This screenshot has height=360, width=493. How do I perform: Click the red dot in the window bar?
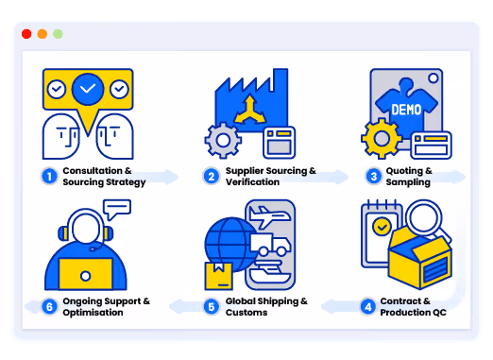(x=26, y=34)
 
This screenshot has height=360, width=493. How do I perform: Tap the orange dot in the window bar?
(x=42, y=34)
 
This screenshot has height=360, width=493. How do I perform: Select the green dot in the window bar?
(x=58, y=34)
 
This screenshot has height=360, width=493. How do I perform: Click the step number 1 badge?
(x=49, y=177)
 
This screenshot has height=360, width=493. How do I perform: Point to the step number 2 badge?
(x=212, y=177)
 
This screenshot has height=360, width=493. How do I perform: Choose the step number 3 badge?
(x=374, y=177)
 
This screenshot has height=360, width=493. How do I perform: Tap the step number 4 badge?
(x=368, y=307)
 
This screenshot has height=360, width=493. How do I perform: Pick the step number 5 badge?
(x=212, y=307)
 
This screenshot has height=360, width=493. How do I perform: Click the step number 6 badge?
(x=49, y=307)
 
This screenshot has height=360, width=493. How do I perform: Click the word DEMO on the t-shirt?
(x=406, y=110)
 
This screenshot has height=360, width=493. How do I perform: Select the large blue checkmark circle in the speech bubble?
(x=88, y=89)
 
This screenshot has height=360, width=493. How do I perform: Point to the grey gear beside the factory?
(x=223, y=140)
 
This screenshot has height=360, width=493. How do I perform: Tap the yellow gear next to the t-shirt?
(x=382, y=138)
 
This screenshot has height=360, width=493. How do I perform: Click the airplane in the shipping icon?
(x=269, y=215)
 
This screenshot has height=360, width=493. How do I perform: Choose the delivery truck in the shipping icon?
(x=270, y=245)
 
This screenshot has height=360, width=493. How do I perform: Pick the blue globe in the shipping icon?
(x=229, y=245)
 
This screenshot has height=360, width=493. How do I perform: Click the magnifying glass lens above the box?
(x=424, y=217)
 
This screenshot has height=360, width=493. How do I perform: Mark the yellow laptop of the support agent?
(x=86, y=274)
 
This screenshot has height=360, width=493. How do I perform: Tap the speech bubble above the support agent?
(x=117, y=209)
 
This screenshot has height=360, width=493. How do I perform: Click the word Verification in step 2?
(x=252, y=182)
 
